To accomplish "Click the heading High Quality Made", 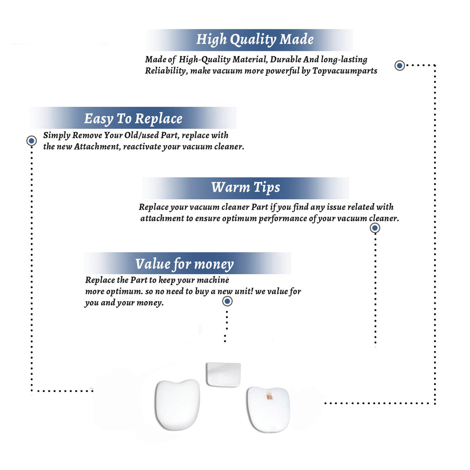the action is (255, 40).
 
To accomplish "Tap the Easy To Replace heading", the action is (133, 119).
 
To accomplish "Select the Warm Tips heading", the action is (245, 188).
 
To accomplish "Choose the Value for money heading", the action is (184, 264).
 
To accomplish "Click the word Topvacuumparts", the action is (345, 71).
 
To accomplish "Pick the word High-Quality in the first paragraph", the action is (204, 60).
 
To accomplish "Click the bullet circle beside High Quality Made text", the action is (399, 65).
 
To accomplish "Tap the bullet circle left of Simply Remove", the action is (31, 141).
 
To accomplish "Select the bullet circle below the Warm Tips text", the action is (375, 228).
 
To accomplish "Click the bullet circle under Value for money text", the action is (227, 302).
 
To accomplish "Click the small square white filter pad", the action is (223, 375).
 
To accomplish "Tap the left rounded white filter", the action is (177, 405).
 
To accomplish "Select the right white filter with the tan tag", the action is (268, 409).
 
